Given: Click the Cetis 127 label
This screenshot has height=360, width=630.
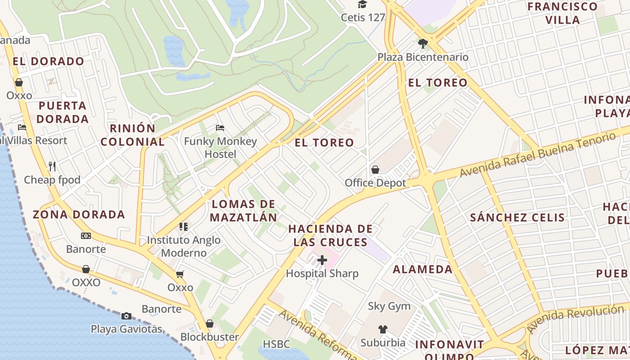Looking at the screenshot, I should coord(363,18).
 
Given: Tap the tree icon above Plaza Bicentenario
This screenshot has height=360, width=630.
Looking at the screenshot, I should coord(423,44).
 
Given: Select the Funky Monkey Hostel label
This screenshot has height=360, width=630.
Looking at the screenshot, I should coord(220,148).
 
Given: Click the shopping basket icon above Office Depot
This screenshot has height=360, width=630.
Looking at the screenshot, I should coord(375,170).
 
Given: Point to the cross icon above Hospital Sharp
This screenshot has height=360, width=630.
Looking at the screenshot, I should coord(322,260).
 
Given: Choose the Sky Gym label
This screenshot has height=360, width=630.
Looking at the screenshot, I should coord(389,306).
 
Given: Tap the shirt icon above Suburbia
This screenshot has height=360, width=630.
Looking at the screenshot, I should coord(382,329).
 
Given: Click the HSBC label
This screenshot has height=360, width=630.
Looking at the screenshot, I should coord(276,344).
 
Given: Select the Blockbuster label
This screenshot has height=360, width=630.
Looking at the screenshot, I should coord(210,337).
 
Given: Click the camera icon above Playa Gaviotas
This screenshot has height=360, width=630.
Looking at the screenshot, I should coord(126,316).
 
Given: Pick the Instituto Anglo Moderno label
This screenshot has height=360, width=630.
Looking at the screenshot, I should coord(184,246).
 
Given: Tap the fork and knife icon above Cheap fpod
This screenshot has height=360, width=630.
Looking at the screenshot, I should coord(52,166).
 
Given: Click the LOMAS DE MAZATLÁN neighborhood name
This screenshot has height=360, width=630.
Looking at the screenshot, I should coord(243,211).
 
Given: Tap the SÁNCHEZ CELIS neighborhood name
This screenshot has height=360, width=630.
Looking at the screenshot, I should coord(517,218).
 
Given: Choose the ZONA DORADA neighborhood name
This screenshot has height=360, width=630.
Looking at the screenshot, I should coord(79,214).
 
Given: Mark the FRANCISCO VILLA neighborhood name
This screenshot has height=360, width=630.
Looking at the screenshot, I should coord(562,13).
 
